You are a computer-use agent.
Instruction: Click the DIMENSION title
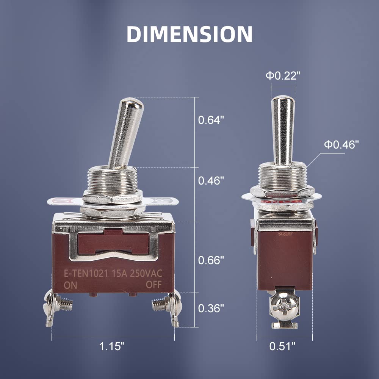point(189,34)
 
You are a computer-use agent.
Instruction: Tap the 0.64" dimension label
point(211,120)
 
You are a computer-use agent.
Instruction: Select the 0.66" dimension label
point(211,260)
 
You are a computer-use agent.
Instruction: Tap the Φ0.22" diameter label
point(283,76)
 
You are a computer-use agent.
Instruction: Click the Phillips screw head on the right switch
point(285,305)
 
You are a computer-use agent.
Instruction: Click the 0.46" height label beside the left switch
point(211,181)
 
